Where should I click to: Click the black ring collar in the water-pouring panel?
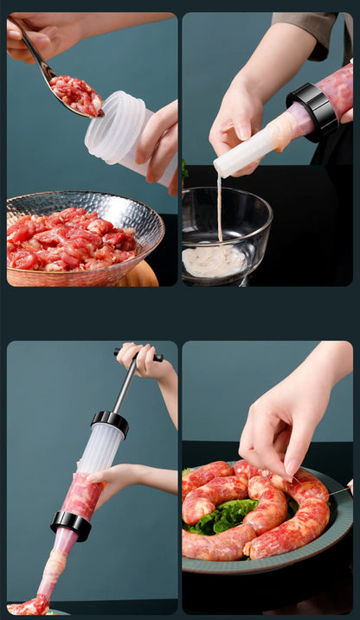tap(312, 110)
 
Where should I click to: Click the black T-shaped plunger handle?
tap(138, 354)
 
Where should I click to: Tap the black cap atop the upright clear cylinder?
tap(110, 421)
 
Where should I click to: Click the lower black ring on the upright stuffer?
tap(71, 523)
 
